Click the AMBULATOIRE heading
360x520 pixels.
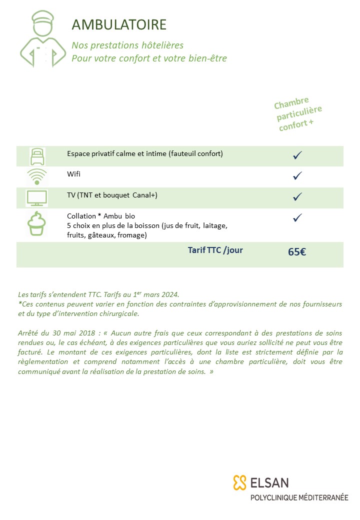pos(119,24)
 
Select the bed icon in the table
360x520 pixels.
pos(36,156)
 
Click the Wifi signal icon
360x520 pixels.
pos(36,176)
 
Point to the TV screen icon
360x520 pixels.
pos(36,198)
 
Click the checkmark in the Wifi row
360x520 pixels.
pos(297,175)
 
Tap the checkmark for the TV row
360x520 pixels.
pos(297,196)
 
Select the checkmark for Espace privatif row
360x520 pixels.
pos(297,155)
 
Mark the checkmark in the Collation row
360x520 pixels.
pos(297,217)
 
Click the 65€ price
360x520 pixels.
pos(297,252)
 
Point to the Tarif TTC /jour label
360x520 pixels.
pos(215,250)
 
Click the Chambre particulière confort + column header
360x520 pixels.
pos(298,114)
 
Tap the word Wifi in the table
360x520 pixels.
pos(73,174)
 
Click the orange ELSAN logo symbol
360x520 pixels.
pos(240,482)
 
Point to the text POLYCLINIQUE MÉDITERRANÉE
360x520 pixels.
pos(299,498)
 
